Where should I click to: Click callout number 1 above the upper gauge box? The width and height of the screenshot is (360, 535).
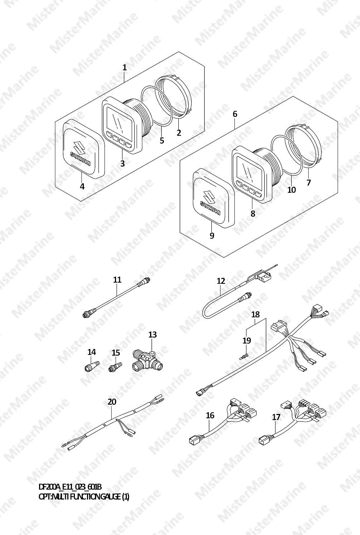click(124, 68)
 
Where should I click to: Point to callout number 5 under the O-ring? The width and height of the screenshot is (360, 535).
click(162, 140)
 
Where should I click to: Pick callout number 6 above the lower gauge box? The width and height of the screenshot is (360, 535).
click(235, 114)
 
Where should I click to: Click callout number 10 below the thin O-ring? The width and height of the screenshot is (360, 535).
click(292, 190)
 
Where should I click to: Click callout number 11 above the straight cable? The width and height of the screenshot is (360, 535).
click(117, 280)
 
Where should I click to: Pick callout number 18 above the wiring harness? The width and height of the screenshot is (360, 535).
click(256, 314)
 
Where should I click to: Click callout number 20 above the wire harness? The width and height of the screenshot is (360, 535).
click(112, 402)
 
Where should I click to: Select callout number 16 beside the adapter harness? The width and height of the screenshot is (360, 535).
click(210, 415)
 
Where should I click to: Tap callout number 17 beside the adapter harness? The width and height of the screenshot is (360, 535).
click(276, 417)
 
